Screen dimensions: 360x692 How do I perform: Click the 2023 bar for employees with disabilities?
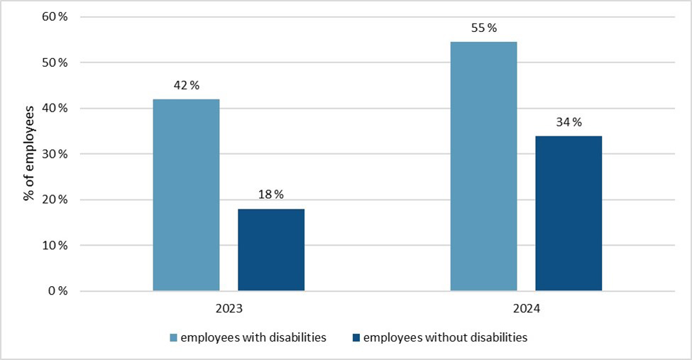pyautogui.click(x=186, y=195)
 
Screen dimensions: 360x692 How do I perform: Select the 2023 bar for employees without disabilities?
pyautogui.click(x=271, y=250)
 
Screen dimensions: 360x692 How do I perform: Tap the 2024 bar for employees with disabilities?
pyautogui.click(x=483, y=166)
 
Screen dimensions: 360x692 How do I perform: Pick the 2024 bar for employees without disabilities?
pyautogui.click(x=569, y=213)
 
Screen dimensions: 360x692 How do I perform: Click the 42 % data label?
pyautogui.click(x=186, y=85)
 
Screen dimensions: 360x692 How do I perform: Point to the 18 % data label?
pyautogui.click(x=271, y=195)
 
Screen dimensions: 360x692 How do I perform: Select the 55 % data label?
pyautogui.click(x=483, y=28)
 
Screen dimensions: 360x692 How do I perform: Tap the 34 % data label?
pyautogui.click(x=569, y=122)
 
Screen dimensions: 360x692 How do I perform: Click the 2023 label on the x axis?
pyautogui.click(x=229, y=310)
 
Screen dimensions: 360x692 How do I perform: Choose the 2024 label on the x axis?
pyautogui.click(x=526, y=310)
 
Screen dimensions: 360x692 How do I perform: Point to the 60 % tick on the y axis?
pyautogui.click(x=53, y=17)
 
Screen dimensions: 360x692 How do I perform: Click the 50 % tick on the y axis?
pyautogui.click(x=53, y=62)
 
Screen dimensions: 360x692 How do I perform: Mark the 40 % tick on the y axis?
pyautogui.click(x=53, y=109)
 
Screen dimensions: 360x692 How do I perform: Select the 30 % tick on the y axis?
pyautogui.click(x=53, y=154)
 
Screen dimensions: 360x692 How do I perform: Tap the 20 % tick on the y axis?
pyautogui.click(x=53, y=200)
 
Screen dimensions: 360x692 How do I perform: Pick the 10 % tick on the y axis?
pyautogui.click(x=53, y=246)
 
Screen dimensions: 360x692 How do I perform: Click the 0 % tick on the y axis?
pyautogui.click(x=56, y=291)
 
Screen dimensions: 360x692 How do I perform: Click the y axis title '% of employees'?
pyautogui.click(x=29, y=153)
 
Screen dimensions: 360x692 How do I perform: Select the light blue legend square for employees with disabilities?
pyautogui.click(x=173, y=338)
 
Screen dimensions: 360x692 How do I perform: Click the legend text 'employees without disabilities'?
pyautogui.click(x=445, y=338)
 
